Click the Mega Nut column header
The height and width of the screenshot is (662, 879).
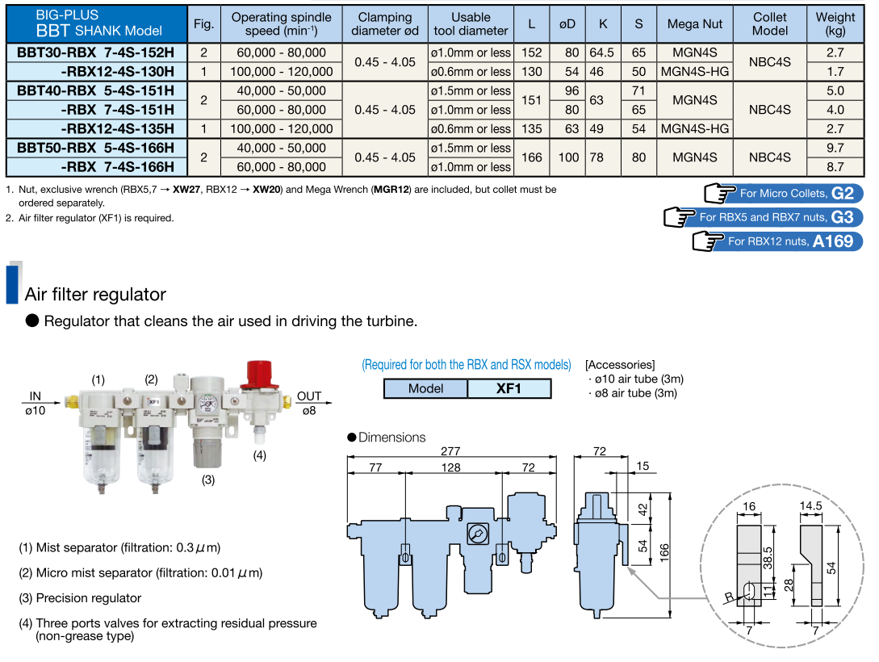click(694, 23)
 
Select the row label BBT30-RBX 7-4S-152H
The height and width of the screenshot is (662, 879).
click(95, 52)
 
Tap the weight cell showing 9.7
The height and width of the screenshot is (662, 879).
click(835, 148)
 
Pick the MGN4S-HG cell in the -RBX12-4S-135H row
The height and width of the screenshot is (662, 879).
click(694, 128)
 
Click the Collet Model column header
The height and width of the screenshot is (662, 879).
click(769, 23)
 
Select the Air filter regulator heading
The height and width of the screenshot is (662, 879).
click(95, 294)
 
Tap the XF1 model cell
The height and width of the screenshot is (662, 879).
click(509, 388)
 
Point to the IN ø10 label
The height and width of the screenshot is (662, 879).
click(36, 403)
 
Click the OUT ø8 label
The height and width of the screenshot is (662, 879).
click(308, 403)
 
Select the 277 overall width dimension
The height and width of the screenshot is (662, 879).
click(450, 452)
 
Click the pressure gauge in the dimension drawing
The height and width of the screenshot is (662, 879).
click(476, 534)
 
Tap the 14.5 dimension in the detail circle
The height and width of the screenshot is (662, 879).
click(810, 506)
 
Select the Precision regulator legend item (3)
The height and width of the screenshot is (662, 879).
click(80, 598)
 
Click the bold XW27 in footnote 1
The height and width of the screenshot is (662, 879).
click(186, 190)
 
